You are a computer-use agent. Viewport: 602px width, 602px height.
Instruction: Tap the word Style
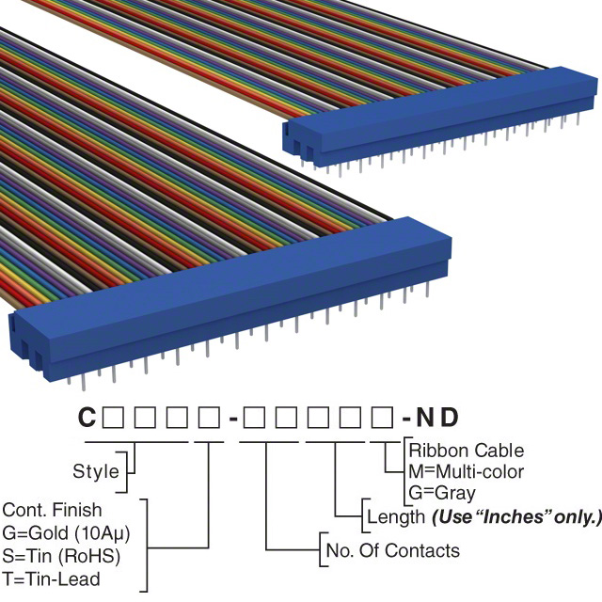pos(96,471)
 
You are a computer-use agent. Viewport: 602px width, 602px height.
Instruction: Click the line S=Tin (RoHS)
pos(62,556)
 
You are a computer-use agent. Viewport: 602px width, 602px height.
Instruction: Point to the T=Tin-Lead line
pos(52,578)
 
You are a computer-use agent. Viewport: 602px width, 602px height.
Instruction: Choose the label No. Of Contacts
pos(392,550)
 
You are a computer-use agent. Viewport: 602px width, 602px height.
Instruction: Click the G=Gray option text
pos(442,492)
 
